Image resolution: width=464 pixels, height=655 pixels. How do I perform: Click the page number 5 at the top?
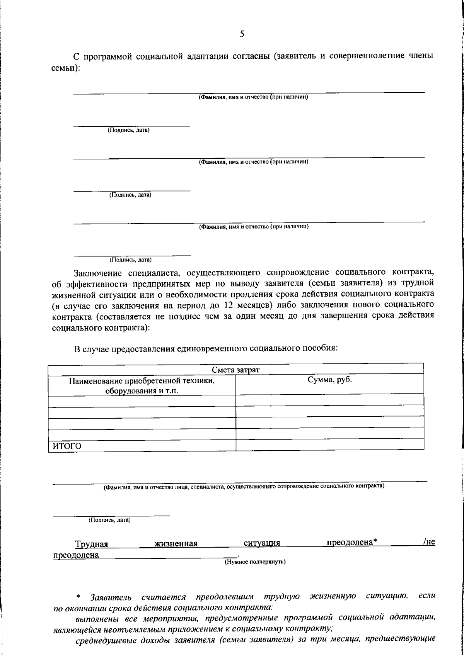(242, 34)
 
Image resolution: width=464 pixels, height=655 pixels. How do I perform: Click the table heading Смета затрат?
(235, 370)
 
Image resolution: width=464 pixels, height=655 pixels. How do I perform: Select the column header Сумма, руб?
(329, 380)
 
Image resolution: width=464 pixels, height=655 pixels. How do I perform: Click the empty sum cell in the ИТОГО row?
(329, 445)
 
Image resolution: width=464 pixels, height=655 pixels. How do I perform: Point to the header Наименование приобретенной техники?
(142, 381)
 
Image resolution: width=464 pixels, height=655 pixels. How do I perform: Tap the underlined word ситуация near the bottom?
(262, 543)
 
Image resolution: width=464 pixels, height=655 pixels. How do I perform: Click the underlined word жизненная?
(176, 544)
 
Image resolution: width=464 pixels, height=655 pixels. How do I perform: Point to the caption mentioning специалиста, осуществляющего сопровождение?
(244, 486)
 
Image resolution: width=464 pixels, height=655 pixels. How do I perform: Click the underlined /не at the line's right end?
(429, 542)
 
